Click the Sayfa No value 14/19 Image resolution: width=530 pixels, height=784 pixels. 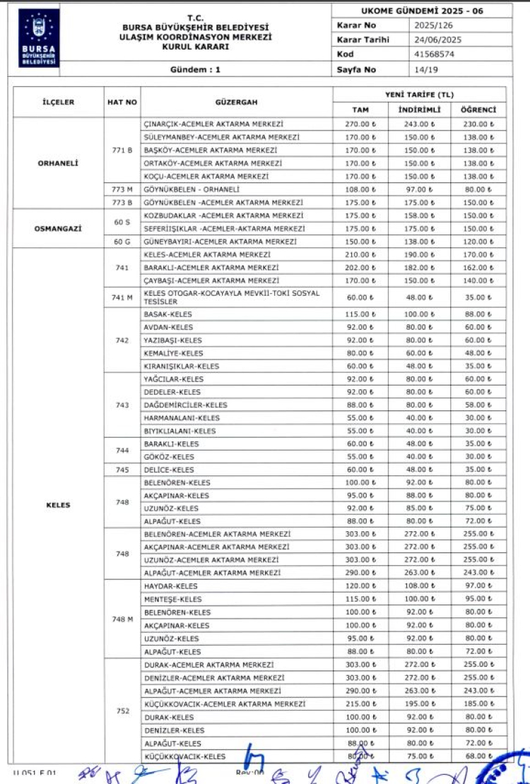[427, 69]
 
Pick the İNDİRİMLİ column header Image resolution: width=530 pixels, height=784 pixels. [420, 110]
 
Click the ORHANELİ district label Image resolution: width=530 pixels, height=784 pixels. [58, 163]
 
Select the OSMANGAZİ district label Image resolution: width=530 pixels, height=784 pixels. [58, 228]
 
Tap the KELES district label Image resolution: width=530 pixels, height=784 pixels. [58, 505]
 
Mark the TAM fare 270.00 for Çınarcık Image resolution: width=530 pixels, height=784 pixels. [360, 124]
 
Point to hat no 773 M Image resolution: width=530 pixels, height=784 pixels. [122, 189]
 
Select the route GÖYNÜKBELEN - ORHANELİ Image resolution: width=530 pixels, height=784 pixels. [192, 189]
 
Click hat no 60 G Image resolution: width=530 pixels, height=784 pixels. [122, 242]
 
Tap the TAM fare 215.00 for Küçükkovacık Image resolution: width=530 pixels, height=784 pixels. [360, 704]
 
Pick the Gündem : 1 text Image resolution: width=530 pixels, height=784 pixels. [196, 69]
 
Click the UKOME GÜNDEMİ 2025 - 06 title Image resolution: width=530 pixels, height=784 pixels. [422, 11]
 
